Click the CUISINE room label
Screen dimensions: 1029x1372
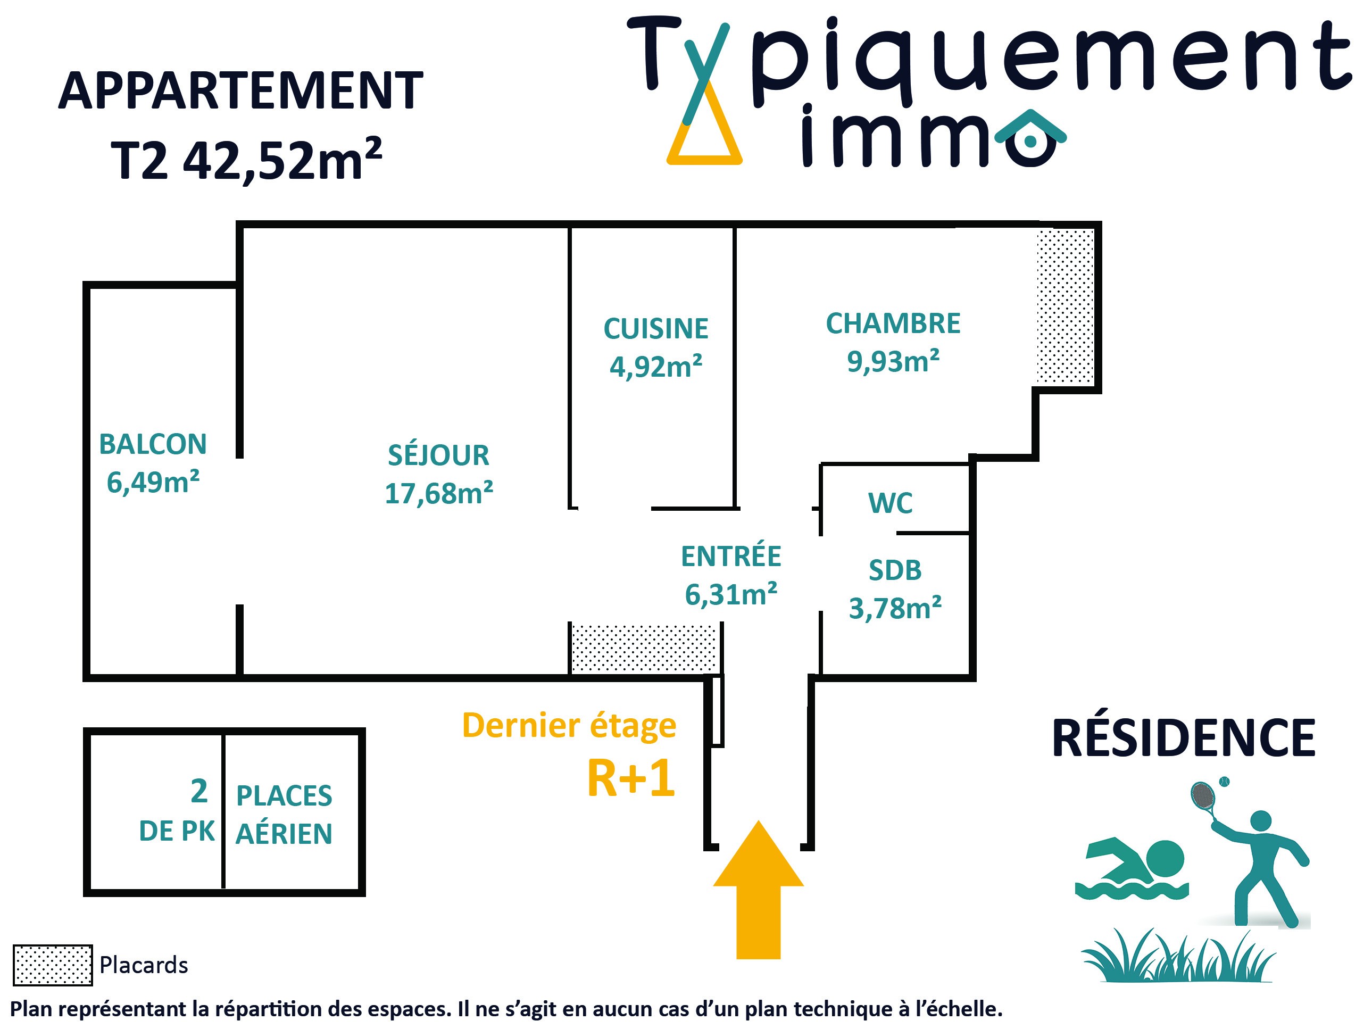pyautogui.click(x=655, y=329)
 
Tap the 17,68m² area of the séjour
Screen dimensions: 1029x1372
pyautogui.click(x=438, y=494)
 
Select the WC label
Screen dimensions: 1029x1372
pyautogui.click(x=890, y=503)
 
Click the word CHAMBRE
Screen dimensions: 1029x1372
pyautogui.click(x=893, y=324)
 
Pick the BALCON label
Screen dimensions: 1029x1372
pyautogui.click(x=153, y=444)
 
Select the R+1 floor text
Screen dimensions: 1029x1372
pyautogui.click(x=630, y=779)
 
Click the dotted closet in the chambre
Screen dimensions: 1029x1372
pyautogui.click(x=1066, y=306)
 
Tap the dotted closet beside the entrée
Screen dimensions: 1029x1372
pyautogui.click(x=644, y=649)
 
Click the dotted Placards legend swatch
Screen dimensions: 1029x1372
pyautogui.click(x=53, y=965)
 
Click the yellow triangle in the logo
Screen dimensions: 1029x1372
pyautogui.click(x=704, y=139)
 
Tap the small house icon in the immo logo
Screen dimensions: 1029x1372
pyautogui.click(x=1030, y=138)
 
